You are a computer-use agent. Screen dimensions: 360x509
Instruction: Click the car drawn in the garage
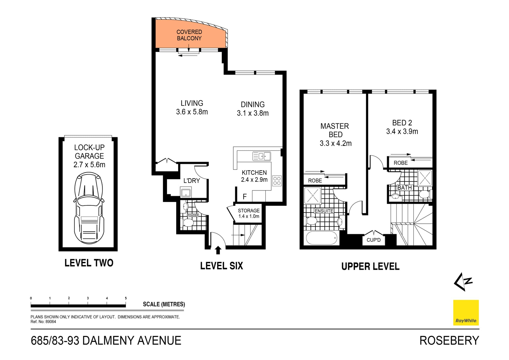tap(89, 208)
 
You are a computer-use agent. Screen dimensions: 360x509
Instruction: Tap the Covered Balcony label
tap(189, 35)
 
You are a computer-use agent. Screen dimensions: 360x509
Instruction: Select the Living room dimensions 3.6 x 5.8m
tap(192, 112)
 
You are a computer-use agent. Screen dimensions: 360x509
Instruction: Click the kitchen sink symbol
tap(261, 156)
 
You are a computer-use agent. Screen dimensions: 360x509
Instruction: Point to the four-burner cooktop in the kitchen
tap(277, 181)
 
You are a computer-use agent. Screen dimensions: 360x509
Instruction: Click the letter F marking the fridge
tap(245, 197)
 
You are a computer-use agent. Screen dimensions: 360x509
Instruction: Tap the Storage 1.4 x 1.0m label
tap(249, 213)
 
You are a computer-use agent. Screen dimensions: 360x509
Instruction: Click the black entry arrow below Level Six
tap(218, 250)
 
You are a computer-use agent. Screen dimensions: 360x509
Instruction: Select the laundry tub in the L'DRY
tap(186, 192)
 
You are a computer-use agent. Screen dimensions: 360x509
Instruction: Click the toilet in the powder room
tap(188, 223)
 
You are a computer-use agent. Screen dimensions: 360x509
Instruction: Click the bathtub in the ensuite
tap(322, 238)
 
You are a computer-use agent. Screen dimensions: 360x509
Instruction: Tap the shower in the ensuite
tap(313, 196)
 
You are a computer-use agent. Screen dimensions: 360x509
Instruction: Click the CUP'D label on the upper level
tap(374, 240)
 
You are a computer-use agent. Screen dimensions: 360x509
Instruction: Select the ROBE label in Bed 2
tap(401, 163)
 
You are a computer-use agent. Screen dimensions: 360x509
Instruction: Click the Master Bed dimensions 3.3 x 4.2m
tap(336, 144)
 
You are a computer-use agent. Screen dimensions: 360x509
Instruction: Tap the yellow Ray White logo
tap(466, 313)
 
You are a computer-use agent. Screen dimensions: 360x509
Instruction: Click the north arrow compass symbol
tap(463, 282)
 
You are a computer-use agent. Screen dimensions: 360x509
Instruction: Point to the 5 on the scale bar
tap(126, 298)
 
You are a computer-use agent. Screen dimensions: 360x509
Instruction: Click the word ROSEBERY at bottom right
tap(449, 341)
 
